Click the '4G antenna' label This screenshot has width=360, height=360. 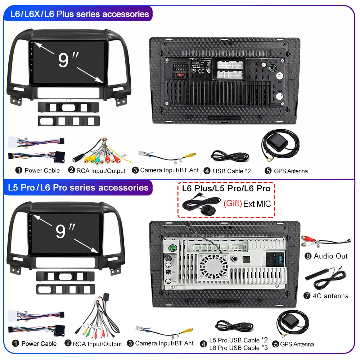pyautogui.click(x=331, y=296)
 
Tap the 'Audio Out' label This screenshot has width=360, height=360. pyautogui.click(x=331, y=256)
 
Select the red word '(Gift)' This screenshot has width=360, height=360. pyautogui.click(x=232, y=203)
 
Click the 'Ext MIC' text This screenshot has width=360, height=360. pyautogui.click(x=257, y=204)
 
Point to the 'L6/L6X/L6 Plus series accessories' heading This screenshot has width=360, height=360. pyautogui.click(x=79, y=14)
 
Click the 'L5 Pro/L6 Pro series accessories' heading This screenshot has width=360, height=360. pyautogui.click(x=79, y=188)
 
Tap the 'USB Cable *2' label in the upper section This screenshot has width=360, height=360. pyautogui.click(x=231, y=171)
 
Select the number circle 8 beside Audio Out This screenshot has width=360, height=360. pyautogui.click(x=307, y=256)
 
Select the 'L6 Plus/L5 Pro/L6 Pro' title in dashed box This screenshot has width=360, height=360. pyautogui.click(x=226, y=188)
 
